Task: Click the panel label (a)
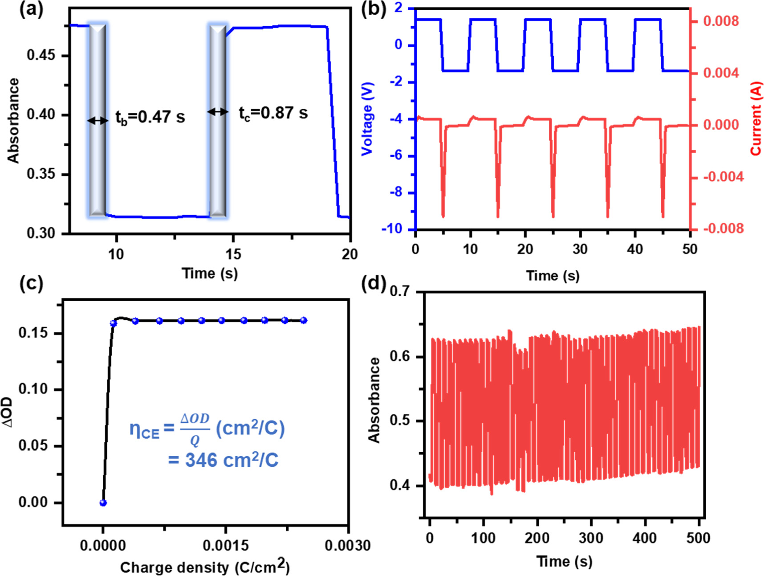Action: tap(31, 10)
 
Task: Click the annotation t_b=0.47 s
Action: tap(150, 118)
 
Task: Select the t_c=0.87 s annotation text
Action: tap(273, 113)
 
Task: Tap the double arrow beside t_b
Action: tap(98, 120)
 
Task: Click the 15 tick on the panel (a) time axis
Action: tap(233, 254)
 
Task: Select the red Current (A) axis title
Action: tap(756, 118)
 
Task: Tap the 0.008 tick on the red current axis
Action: tap(721, 21)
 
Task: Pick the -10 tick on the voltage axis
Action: tap(392, 229)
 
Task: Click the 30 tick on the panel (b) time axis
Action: tap(580, 249)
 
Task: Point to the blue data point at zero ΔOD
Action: tap(103, 503)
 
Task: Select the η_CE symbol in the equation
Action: tap(144, 429)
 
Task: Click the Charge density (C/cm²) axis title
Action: tap(205, 567)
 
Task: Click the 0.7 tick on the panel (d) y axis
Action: tap(399, 291)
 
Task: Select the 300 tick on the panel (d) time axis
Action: tap(590, 538)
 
